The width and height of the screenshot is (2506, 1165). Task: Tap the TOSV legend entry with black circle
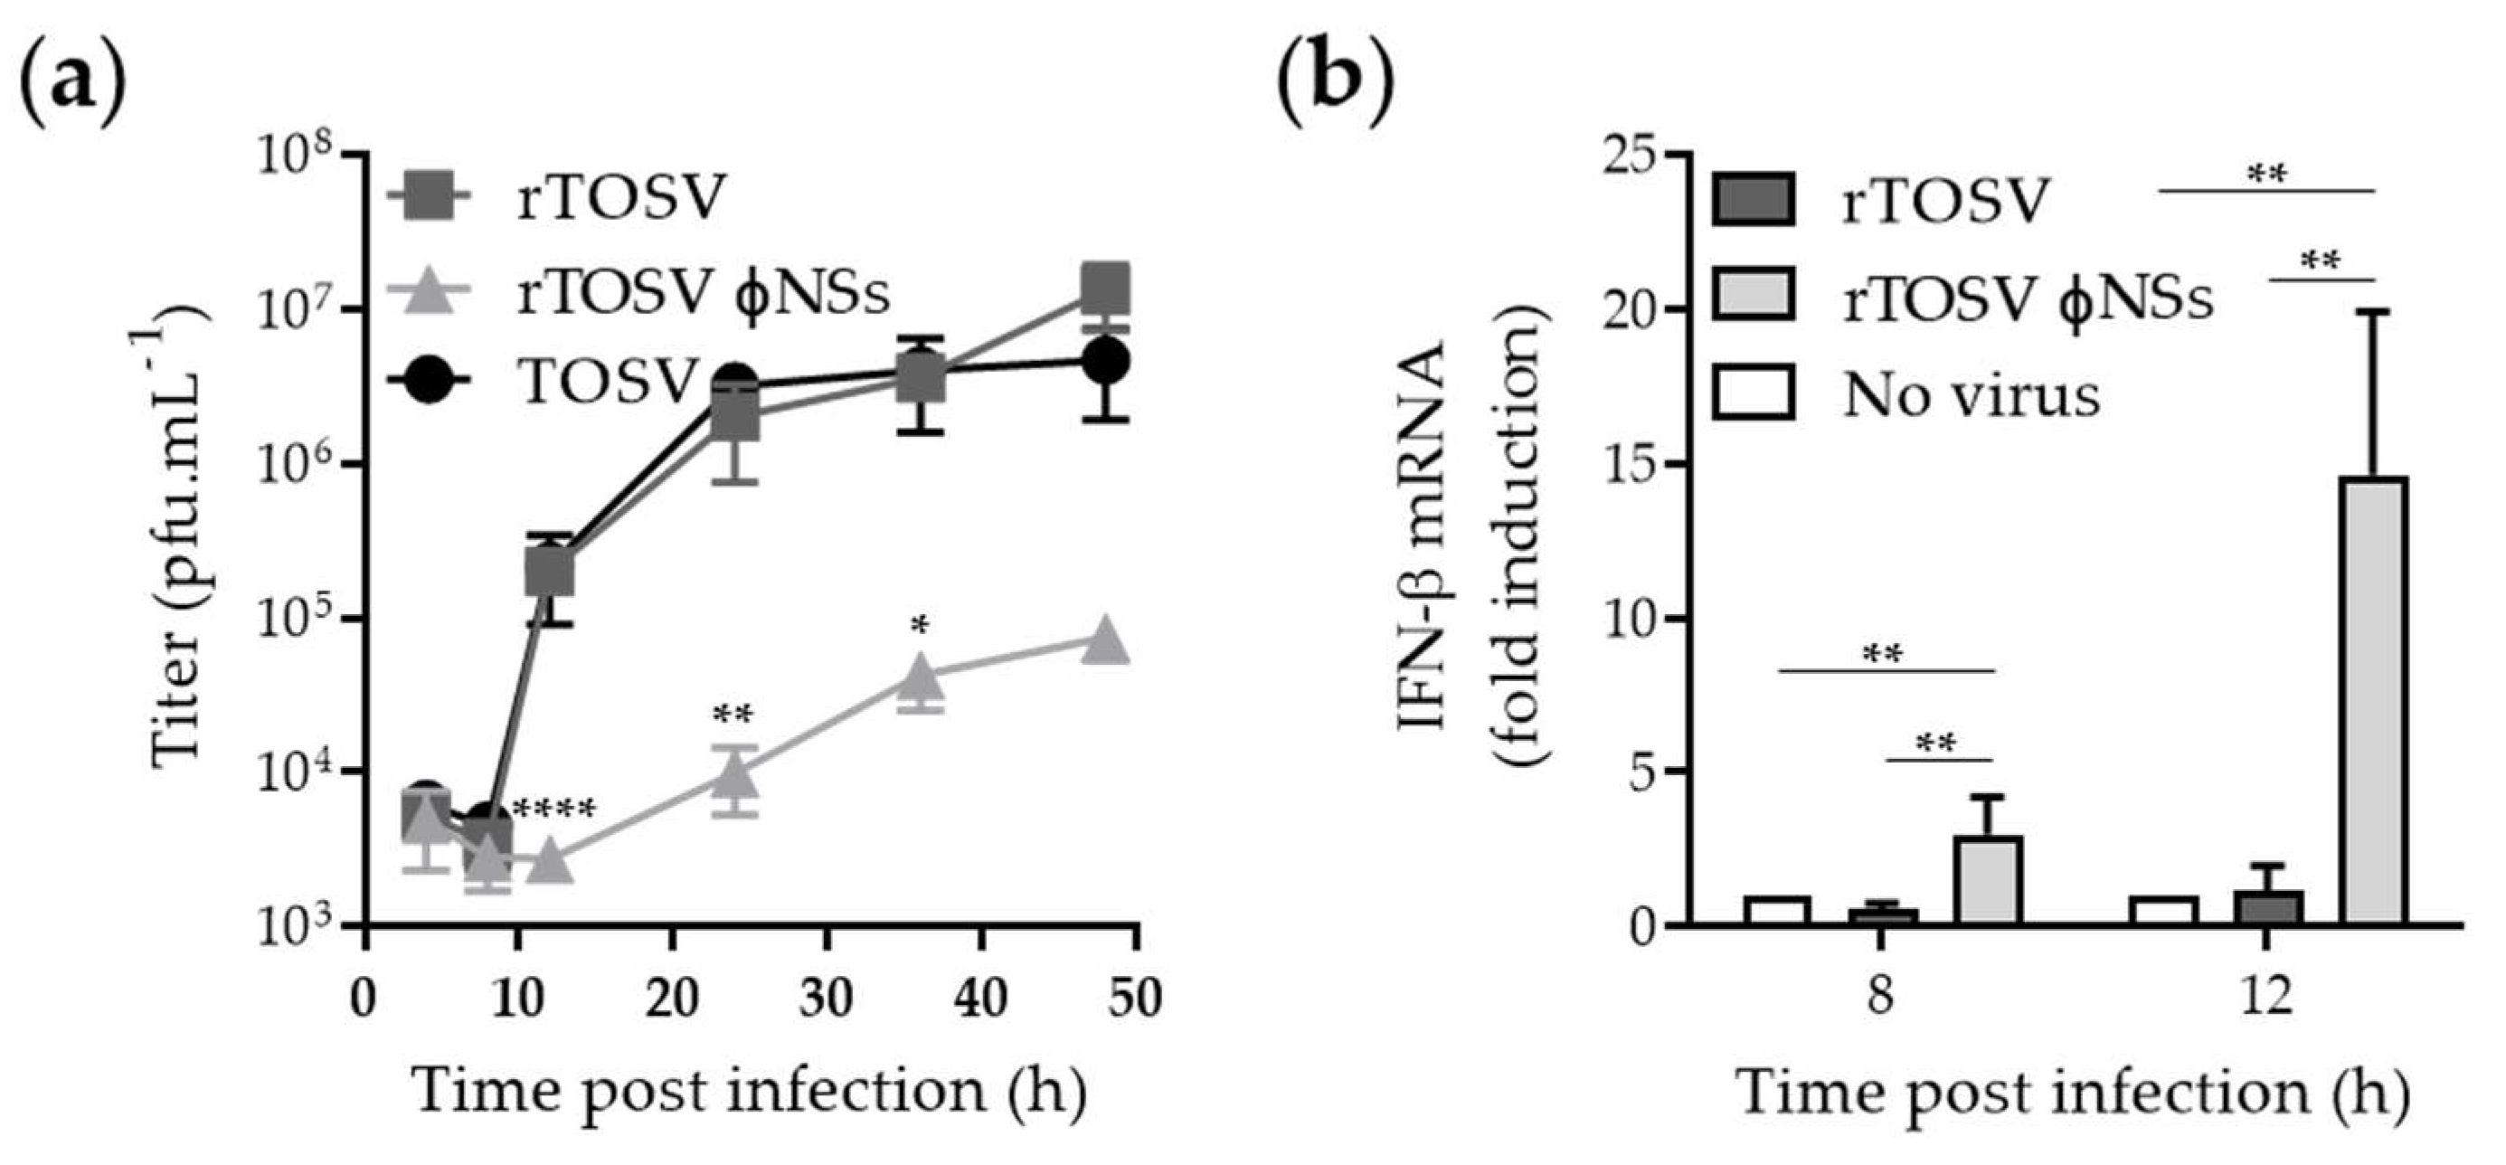point(544,381)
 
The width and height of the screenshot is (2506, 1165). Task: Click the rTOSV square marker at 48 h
point(1106,286)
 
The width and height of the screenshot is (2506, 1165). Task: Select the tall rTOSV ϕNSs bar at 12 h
point(2374,701)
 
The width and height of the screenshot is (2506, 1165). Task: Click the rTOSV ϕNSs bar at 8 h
point(1988,880)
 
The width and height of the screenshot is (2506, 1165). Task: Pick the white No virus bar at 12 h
point(2162,911)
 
